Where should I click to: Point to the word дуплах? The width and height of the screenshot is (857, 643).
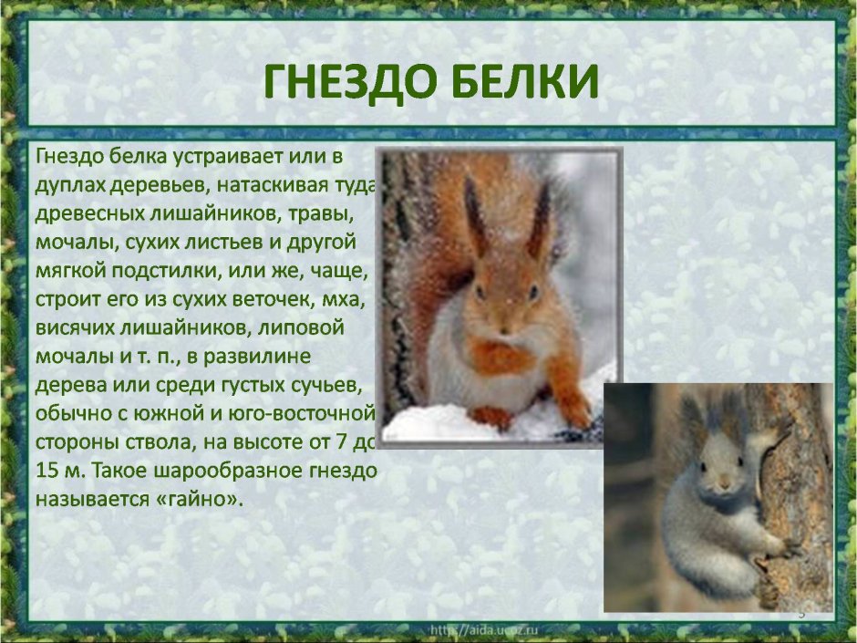70,185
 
